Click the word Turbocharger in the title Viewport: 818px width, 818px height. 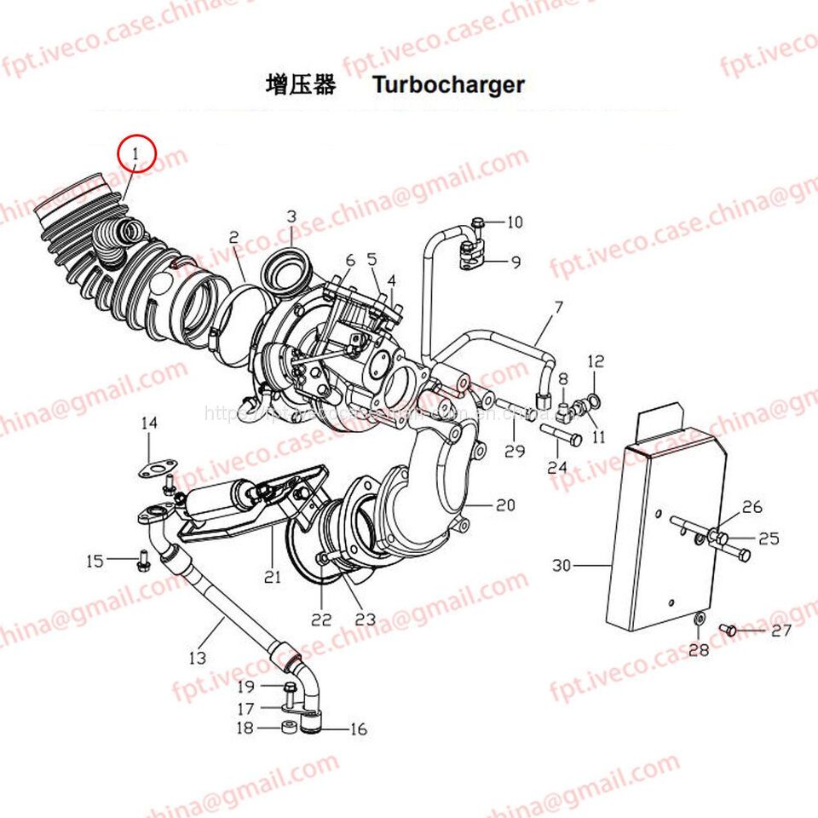[x=448, y=85]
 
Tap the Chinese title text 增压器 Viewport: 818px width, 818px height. [x=301, y=85]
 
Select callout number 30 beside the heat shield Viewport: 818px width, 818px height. [x=561, y=564]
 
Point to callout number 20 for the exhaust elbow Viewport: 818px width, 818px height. [x=505, y=505]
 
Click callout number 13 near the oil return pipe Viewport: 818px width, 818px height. [x=197, y=657]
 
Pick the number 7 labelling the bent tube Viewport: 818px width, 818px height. [x=559, y=305]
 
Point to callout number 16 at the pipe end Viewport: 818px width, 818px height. [x=357, y=729]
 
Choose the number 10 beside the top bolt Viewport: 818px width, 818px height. [x=515, y=223]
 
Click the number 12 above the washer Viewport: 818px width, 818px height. [x=595, y=361]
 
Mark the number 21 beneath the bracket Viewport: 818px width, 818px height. [x=272, y=577]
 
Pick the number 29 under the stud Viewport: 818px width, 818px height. [x=514, y=452]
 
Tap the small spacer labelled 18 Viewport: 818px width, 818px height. [x=287, y=729]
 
